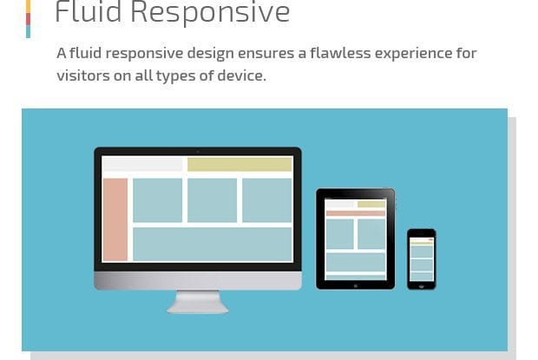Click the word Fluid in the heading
pos(89,11)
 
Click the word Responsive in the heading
pos(210,13)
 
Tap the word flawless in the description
pos(340,53)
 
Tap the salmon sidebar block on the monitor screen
pos(115,219)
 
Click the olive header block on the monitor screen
pos(239,165)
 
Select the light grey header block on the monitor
pos(142,164)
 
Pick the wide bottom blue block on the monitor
pos(213,244)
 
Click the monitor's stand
pos(198,302)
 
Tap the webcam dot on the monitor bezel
pos(198,151)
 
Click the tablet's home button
pos(356,285)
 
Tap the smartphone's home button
pos(422,286)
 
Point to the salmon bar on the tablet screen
pos(356,213)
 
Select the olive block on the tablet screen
pos(371,205)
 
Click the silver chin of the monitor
pos(198,281)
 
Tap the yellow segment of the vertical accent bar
pos(28,7)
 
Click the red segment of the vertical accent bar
pos(28,19)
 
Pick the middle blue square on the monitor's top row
pos(212,200)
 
